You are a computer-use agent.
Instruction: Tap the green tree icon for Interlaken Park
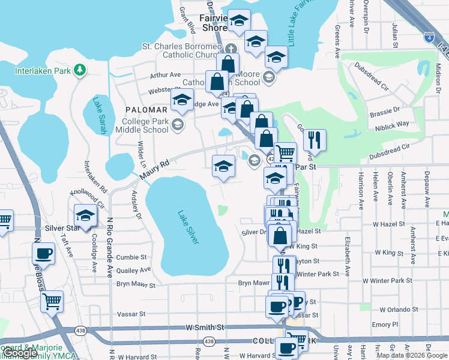point(79,71)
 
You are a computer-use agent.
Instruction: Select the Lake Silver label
point(188,226)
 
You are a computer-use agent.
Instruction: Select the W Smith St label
point(204,328)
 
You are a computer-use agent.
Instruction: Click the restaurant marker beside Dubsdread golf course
point(315,140)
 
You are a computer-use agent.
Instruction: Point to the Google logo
point(19,353)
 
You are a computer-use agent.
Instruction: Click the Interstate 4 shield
point(429,38)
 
